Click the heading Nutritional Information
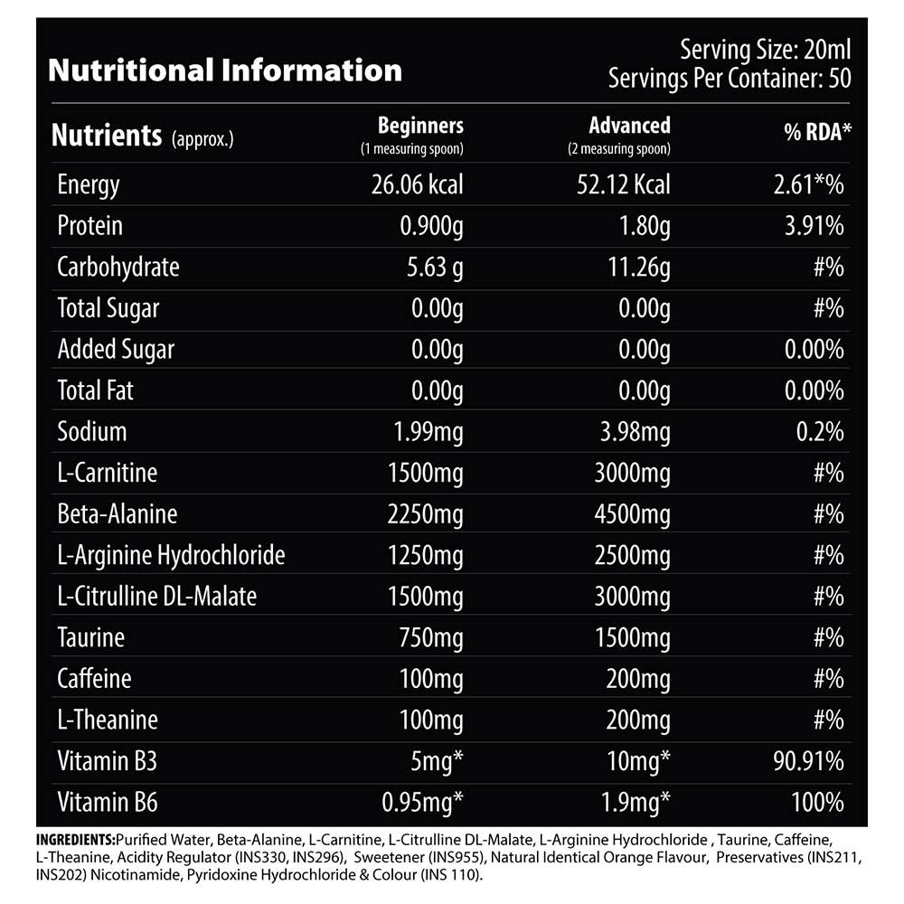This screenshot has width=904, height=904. click(x=224, y=71)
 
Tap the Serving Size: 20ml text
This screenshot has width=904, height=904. click(x=765, y=49)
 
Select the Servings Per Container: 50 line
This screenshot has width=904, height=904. click(x=730, y=78)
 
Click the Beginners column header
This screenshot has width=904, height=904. click(x=420, y=126)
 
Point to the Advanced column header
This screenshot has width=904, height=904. click(x=629, y=126)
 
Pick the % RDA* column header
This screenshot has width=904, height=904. click(x=817, y=135)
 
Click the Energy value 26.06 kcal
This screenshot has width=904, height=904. click(x=417, y=185)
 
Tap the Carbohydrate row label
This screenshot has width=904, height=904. click(x=118, y=267)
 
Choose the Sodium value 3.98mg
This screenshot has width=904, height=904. click(x=631, y=431)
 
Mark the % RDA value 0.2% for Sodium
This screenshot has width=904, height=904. click(x=821, y=431)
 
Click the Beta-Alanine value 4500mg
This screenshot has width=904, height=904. click(x=632, y=513)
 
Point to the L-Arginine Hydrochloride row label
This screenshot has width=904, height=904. click(x=171, y=555)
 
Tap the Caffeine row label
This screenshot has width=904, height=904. click(x=94, y=678)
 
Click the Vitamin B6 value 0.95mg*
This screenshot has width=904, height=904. click(x=425, y=802)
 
